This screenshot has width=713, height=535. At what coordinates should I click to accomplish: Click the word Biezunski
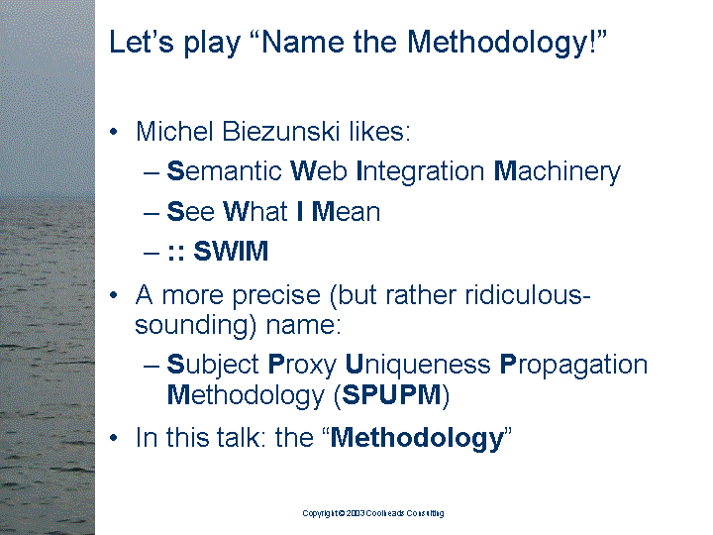tap(281, 132)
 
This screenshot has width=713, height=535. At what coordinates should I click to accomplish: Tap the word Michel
tap(174, 132)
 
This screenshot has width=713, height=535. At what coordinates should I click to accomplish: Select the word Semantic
tap(225, 171)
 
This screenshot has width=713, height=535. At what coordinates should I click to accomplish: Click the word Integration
tap(421, 172)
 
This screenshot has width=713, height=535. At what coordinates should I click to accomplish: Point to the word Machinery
tap(557, 172)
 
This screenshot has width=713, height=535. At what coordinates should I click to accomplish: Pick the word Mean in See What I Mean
tap(346, 212)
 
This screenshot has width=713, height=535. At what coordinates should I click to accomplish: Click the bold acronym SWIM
tap(231, 251)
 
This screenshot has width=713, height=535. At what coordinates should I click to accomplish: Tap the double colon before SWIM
tap(176, 253)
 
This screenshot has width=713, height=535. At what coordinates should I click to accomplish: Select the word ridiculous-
tap(528, 295)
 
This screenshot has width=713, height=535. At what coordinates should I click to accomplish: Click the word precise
tap(276, 296)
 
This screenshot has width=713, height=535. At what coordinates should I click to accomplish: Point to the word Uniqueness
tap(418, 365)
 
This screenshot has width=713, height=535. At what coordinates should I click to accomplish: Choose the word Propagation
tap(573, 365)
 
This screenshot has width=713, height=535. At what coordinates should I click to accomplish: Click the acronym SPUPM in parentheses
tap(391, 395)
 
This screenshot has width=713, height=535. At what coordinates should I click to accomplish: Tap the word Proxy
tap(302, 365)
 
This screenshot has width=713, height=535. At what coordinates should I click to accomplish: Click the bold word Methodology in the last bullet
tap(418, 439)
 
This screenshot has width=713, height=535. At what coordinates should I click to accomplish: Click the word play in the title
tap(212, 44)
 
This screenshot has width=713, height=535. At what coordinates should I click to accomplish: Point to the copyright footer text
tap(373, 513)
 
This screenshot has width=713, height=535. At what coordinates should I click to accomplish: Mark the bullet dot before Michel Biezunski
tap(113, 133)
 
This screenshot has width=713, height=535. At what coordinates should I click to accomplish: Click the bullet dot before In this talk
tap(113, 438)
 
